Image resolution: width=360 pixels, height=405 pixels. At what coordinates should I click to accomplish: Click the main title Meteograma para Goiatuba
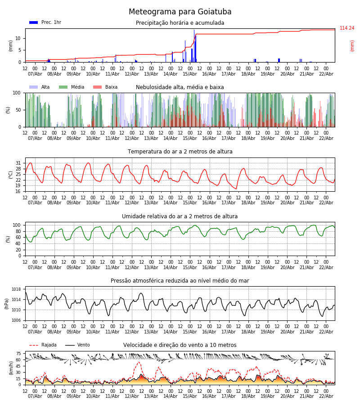tap(180, 12)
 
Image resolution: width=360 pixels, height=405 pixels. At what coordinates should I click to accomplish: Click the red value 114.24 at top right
tap(347, 28)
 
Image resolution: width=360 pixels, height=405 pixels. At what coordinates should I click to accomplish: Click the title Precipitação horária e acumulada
tap(180, 23)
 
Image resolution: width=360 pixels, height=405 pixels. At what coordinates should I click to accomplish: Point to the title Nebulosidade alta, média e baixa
tap(180, 87)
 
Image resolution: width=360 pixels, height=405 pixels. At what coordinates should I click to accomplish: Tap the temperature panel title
tap(180, 152)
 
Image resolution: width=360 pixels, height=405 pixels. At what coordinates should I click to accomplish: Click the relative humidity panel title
tap(180, 216)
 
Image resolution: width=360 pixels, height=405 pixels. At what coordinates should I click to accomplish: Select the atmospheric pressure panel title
tap(180, 281)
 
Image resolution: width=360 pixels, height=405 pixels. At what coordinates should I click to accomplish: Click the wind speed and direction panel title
tap(180, 345)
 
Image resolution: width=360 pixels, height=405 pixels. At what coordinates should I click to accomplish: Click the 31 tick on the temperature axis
tap(18, 163)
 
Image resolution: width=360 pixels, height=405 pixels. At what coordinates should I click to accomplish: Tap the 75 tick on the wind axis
tap(18, 354)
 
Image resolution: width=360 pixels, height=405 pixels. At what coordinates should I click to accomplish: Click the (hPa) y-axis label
tap(7, 303)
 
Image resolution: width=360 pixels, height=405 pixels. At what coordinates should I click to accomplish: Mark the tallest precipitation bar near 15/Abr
tap(194, 45)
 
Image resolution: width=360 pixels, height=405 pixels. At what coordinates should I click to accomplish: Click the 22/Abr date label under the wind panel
tap(326, 396)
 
